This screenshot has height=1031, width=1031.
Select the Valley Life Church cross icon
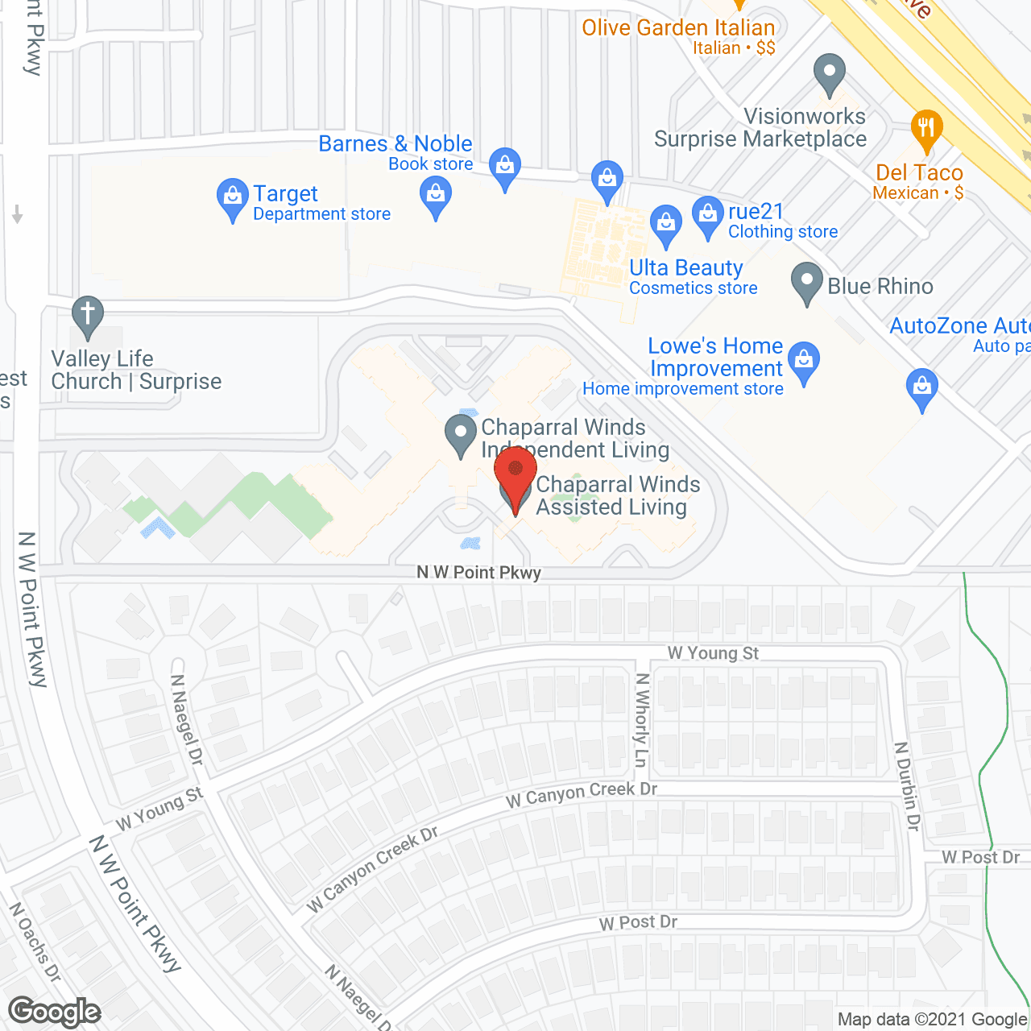(88, 315)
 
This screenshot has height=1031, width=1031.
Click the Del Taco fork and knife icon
(926, 129)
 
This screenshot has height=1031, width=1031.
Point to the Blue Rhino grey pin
(806, 282)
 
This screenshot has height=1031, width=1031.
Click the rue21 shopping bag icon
(707, 215)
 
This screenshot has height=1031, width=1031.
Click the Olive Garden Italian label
(678, 28)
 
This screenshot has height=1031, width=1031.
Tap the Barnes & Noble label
(395, 144)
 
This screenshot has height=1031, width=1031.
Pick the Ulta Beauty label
(686, 268)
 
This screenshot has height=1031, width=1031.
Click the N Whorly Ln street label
(641, 719)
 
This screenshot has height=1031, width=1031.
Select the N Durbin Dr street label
(908, 785)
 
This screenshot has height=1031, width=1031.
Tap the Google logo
(55, 1012)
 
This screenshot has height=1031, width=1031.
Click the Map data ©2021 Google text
(933, 1020)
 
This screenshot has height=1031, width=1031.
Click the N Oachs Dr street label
(35, 942)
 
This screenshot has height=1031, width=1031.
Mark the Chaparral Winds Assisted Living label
(617, 495)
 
